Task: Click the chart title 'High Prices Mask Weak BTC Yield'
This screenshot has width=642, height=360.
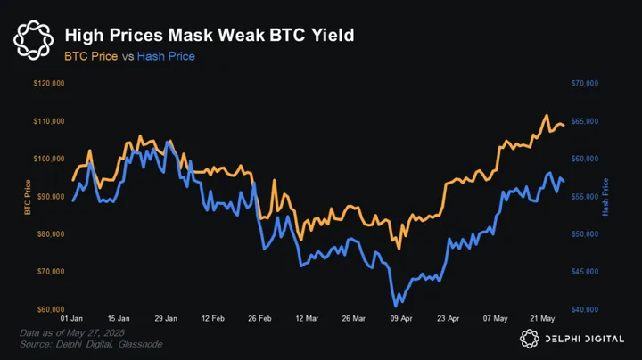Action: coord(210,35)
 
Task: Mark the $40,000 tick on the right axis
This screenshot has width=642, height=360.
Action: coord(584,309)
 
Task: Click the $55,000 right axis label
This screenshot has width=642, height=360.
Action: coord(584,196)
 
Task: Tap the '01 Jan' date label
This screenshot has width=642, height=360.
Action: coord(73,318)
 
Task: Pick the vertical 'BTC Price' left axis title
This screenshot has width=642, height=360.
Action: coord(28,197)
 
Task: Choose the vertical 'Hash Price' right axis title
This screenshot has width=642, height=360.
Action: coord(606,197)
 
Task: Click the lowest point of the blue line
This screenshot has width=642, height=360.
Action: coord(396,306)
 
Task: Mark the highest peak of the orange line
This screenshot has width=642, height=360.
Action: coord(546,116)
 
